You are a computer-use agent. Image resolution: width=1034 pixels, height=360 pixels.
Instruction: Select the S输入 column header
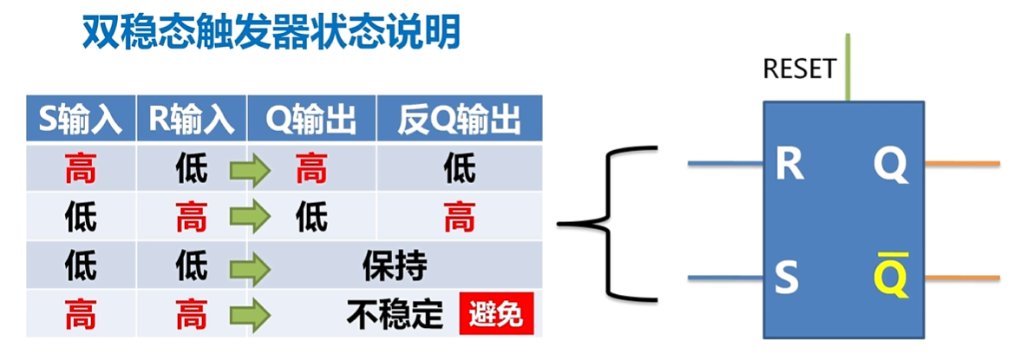[81, 121]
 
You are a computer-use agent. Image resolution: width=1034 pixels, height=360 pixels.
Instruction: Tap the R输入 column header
[192, 121]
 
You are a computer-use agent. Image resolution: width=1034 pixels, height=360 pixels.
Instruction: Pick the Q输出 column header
[311, 121]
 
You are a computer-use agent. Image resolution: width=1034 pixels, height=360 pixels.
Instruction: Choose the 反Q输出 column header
[460, 121]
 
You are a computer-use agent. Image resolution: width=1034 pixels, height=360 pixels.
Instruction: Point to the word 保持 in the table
[395, 266]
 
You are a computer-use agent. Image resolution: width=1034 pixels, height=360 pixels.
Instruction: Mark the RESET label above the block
[799, 69]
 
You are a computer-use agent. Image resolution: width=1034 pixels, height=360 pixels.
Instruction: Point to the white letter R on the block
[789, 164]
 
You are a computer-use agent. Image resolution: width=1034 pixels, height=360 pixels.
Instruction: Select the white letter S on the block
[786, 278]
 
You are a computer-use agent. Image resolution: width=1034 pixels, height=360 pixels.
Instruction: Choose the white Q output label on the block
[890, 165]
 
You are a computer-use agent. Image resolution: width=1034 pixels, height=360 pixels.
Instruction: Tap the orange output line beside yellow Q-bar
[963, 278]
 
